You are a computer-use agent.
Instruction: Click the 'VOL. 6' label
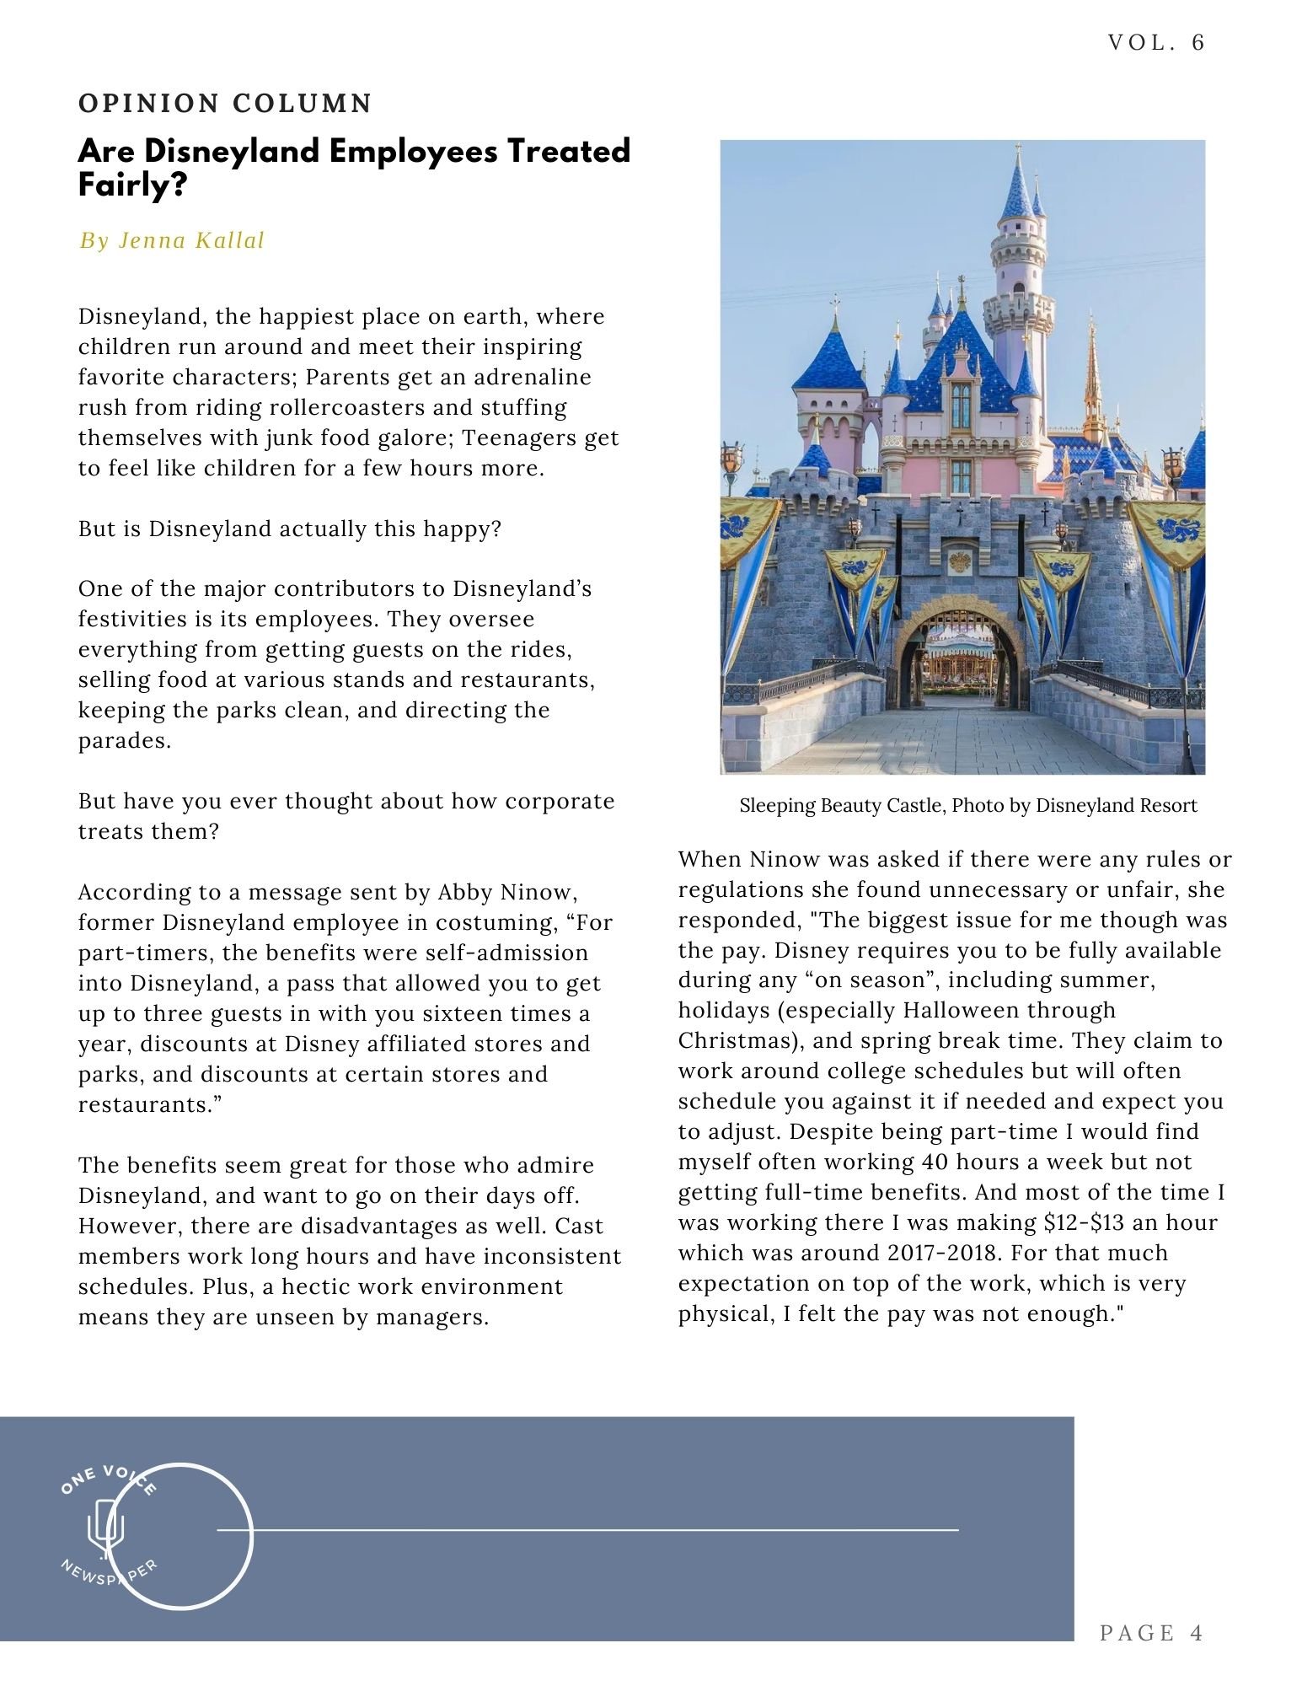click(1156, 42)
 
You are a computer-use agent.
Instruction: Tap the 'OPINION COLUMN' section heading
click(225, 104)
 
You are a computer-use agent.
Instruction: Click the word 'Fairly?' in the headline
click(132, 185)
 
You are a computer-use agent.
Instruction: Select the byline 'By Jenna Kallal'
click(172, 241)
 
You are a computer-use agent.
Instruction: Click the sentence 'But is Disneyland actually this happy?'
click(290, 529)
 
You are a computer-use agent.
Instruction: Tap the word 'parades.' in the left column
click(125, 741)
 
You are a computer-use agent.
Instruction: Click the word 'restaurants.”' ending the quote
click(149, 1104)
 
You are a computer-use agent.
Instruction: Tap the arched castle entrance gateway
click(959, 658)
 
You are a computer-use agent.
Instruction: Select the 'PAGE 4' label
click(1151, 1633)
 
